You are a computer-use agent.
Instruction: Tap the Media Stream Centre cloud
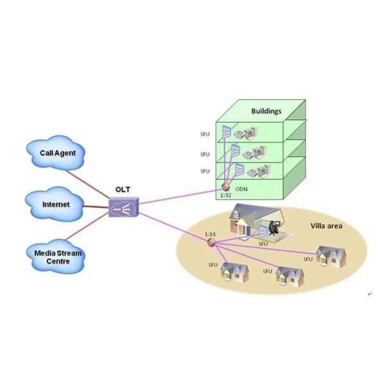(58, 256)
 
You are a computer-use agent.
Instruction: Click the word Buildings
(266, 111)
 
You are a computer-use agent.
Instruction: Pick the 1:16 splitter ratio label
(210, 234)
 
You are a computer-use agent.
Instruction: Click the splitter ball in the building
(226, 187)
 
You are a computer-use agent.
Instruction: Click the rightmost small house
(332, 257)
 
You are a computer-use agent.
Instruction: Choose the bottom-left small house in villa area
(234, 272)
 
